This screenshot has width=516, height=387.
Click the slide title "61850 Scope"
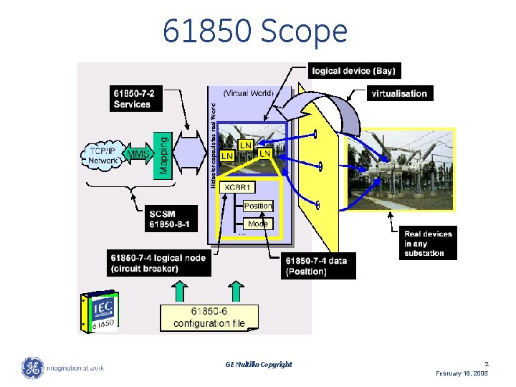254,32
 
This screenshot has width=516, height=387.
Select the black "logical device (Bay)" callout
353,70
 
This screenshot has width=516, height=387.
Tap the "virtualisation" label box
398,93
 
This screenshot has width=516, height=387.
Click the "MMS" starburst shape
138,153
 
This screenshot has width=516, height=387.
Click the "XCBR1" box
238,187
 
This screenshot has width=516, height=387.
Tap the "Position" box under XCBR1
258,206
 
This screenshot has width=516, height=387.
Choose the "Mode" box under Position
257,224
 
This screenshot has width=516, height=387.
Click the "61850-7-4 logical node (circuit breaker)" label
159,263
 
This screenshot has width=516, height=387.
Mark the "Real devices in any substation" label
428,243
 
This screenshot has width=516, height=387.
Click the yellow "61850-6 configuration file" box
209,317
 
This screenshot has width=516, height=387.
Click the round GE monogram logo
32,368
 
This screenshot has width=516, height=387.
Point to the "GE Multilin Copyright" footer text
259,364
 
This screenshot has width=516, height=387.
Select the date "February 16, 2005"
462,373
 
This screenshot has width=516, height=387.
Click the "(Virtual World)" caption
247,92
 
